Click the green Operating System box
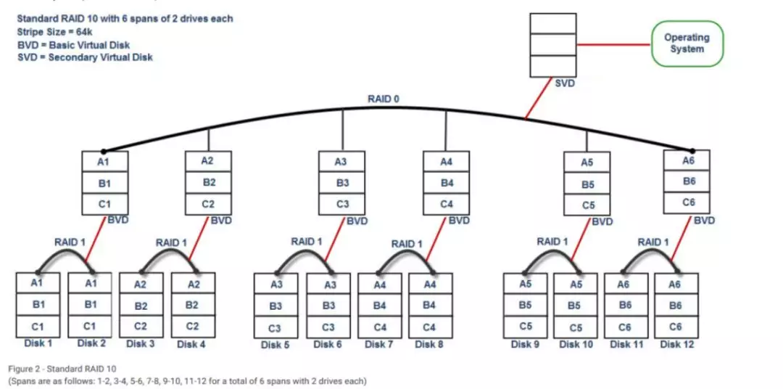[687, 43]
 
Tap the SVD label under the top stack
[565, 83]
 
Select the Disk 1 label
[38, 343]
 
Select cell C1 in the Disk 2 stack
[90, 326]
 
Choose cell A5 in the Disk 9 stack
[525, 284]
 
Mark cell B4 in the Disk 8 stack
[429, 305]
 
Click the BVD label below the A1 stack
[118, 220]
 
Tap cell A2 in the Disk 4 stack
[193, 284]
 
